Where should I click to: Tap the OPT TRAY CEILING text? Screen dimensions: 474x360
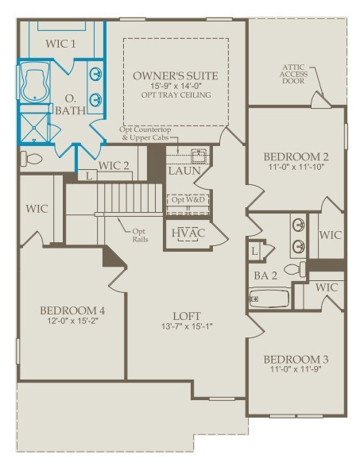click(x=176, y=95)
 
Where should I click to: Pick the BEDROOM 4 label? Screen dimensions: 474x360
click(x=72, y=310)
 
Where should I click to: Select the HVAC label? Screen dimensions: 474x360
click(x=188, y=233)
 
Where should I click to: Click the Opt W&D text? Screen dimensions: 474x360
click(x=188, y=199)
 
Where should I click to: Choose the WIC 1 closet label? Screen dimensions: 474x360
click(x=60, y=44)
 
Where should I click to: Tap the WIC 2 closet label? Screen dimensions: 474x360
click(x=114, y=166)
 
